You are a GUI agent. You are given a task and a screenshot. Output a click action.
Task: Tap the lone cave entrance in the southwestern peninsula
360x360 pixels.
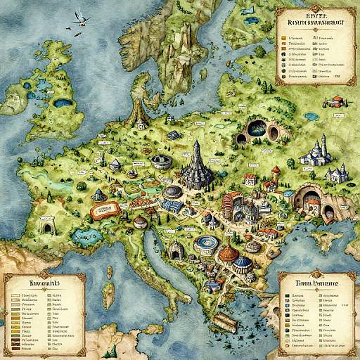(x=48, y=227)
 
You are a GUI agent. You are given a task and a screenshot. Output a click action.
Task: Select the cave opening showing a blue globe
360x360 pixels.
(x=256, y=129)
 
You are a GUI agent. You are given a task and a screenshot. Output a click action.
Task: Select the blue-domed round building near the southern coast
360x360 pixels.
(x=241, y=264)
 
